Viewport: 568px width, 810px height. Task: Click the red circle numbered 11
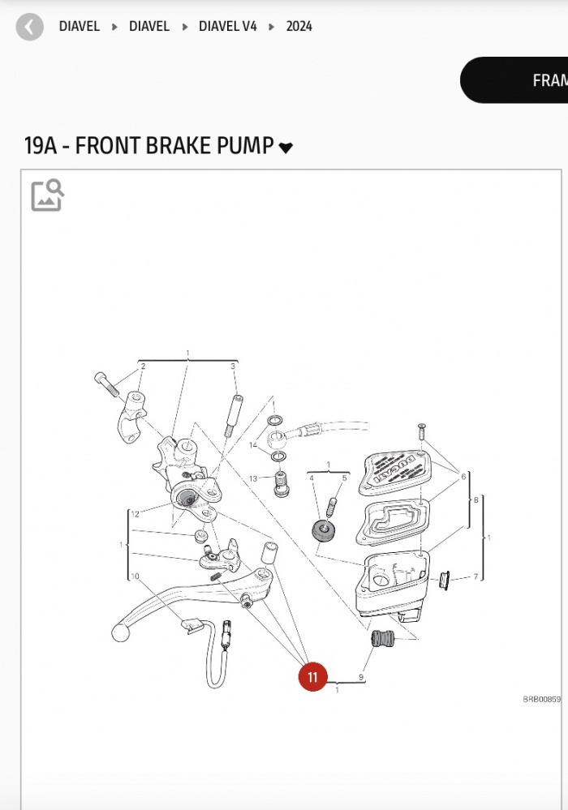point(312,677)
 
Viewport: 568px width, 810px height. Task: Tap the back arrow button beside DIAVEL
point(30,27)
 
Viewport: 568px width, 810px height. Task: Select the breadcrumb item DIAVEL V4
point(228,26)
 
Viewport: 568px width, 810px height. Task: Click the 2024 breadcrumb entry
point(299,26)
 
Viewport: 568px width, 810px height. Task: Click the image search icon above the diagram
point(47,195)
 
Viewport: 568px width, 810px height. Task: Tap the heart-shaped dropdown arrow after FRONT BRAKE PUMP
point(286,148)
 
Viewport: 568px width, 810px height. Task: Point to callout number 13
point(253,479)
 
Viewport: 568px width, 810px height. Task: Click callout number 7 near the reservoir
point(475,577)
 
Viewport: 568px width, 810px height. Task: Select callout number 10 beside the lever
point(135,576)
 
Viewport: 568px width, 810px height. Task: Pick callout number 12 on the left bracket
point(135,514)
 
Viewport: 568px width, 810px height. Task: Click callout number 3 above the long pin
point(233,366)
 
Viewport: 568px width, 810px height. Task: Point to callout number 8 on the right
point(476,500)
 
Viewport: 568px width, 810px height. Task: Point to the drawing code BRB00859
point(541,699)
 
